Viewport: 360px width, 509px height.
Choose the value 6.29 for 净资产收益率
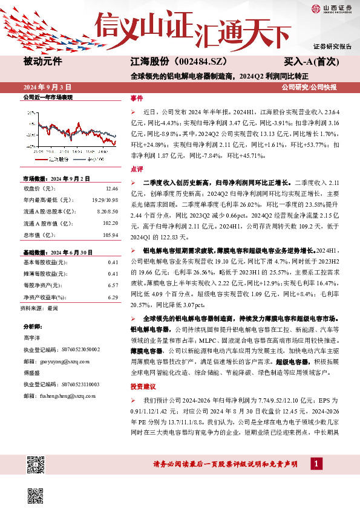[x=112, y=297]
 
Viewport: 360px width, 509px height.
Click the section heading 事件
[x=137, y=98]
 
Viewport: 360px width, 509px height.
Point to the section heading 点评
[x=137, y=169]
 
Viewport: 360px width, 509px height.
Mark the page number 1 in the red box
[x=315, y=464]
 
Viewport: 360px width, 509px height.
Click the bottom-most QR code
[x=36, y=494]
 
